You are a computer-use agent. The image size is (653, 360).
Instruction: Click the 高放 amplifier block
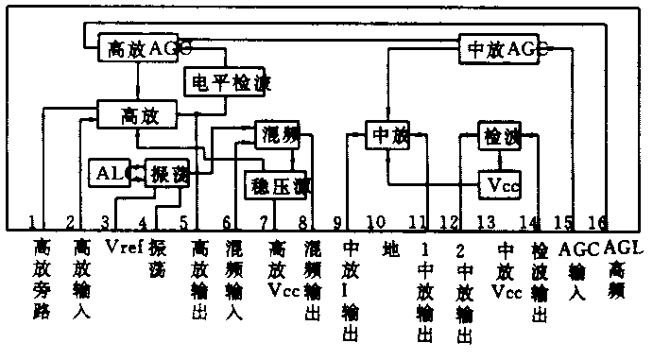[x=138, y=115]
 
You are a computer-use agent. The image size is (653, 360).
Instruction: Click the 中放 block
[x=388, y=136]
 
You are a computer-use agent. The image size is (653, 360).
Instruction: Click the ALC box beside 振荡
[x=107, y=173]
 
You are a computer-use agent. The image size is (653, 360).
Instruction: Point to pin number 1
[x=32, y=222]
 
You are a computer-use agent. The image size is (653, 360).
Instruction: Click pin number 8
[x=302, y=222]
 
